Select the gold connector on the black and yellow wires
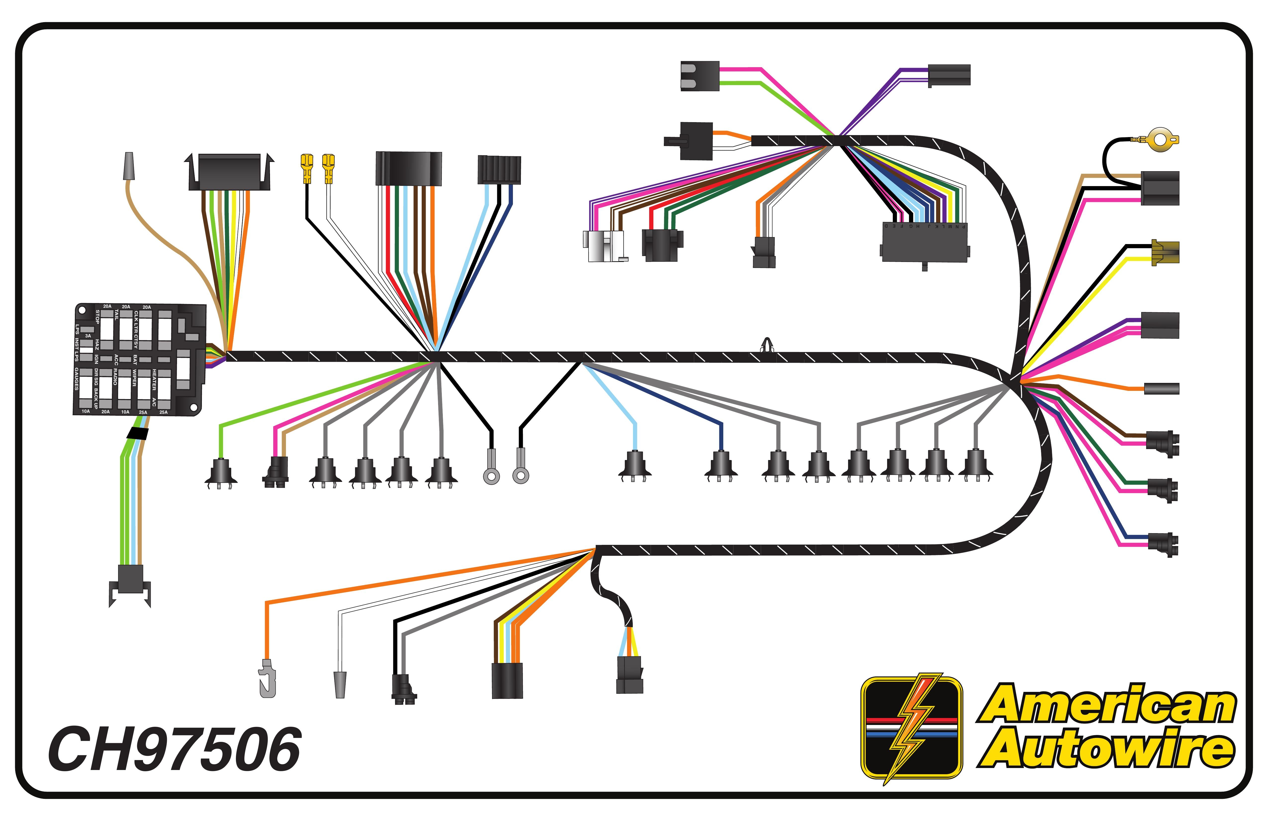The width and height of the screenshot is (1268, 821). pyautogui.click(x=1165, y=252)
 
